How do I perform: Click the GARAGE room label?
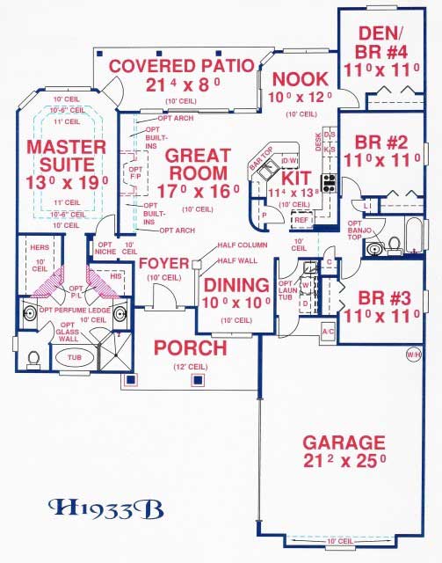tap(344, 442)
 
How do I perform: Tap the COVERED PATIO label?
tap(181, 66)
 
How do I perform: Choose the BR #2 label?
tap(388, 141)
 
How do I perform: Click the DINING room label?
tap(235, 285)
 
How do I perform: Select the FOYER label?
tap(164, 263)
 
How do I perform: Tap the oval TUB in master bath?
tap(73, 358)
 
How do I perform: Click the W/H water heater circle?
tap(413, 355)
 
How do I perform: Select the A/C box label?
tap(328, 332)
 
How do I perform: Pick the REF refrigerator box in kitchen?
tap(301, 222)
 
